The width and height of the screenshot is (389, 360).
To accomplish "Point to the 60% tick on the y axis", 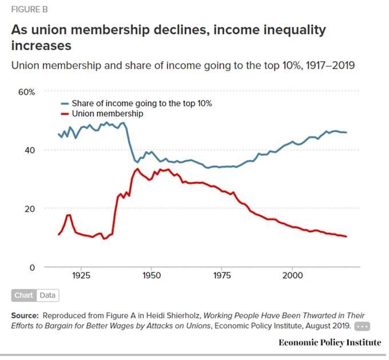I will (x=27, y=92).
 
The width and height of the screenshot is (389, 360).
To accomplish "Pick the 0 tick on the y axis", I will (x=33, y=267).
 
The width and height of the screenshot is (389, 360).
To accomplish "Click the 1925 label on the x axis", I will (x=81, y=275).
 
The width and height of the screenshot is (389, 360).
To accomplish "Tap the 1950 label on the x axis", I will (x=152, y=275).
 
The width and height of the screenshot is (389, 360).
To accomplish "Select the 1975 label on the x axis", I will (x=222, y=275).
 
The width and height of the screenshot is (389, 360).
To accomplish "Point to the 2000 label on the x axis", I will (x=292, y=275).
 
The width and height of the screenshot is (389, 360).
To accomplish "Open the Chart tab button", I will (x=23, y=295).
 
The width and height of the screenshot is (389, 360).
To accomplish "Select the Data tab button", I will (x=47, y=295).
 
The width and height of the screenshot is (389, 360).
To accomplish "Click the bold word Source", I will (x=25, y=315).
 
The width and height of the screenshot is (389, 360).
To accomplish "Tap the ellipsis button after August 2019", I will (x=363, y=326).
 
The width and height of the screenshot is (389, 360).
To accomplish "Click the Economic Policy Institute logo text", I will (x=330, y=342).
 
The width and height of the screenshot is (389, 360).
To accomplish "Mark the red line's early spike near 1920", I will (x=69, y=215).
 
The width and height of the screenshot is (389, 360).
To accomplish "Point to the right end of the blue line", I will (x=346, y=132).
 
